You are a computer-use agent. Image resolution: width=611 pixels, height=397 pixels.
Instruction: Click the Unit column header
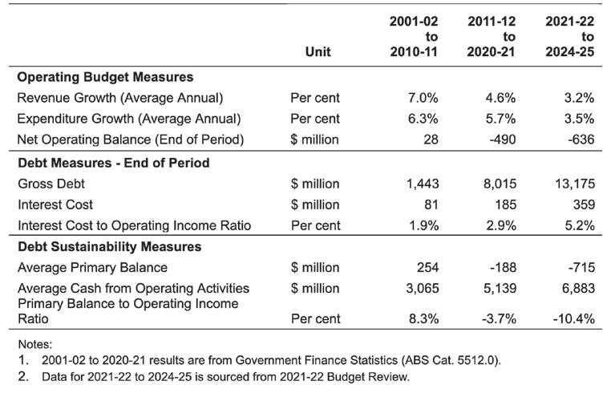(318, 51)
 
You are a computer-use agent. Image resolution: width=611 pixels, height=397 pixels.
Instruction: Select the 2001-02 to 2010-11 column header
(414, 36)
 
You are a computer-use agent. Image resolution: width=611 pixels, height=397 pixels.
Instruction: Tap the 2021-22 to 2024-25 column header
(569, 36)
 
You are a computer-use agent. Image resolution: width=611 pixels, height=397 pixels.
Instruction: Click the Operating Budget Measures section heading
(105, 77)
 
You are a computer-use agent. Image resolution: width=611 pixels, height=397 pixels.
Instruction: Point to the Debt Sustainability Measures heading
(110, 246)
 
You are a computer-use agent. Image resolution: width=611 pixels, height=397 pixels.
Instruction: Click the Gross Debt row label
(51, 184)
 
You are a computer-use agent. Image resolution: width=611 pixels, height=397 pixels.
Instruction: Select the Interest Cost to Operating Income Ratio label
(135, 225)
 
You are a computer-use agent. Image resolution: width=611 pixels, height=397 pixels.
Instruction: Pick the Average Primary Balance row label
(92, 268)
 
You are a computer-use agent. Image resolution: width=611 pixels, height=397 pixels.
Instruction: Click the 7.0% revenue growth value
(423, 98)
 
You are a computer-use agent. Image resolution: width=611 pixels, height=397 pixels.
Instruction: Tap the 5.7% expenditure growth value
(500, 119)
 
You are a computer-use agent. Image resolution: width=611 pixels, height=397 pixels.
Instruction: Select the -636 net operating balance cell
(581, 140)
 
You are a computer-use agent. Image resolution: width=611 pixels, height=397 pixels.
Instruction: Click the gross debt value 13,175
(575, 184)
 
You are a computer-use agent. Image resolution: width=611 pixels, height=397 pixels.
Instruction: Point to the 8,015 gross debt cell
(500, 184)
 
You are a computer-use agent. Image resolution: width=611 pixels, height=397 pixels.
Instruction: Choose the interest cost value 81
(431, 205)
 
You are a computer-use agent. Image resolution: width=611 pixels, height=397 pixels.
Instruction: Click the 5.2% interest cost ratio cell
(580, 225)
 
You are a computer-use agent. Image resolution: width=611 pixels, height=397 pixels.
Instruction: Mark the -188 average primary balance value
(503, 268)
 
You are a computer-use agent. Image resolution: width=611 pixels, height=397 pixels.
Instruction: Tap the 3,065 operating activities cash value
(423, 288)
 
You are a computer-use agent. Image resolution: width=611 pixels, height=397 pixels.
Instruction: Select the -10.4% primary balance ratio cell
(573, 318)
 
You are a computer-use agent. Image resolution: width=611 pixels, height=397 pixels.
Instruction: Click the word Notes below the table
(35, 344)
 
